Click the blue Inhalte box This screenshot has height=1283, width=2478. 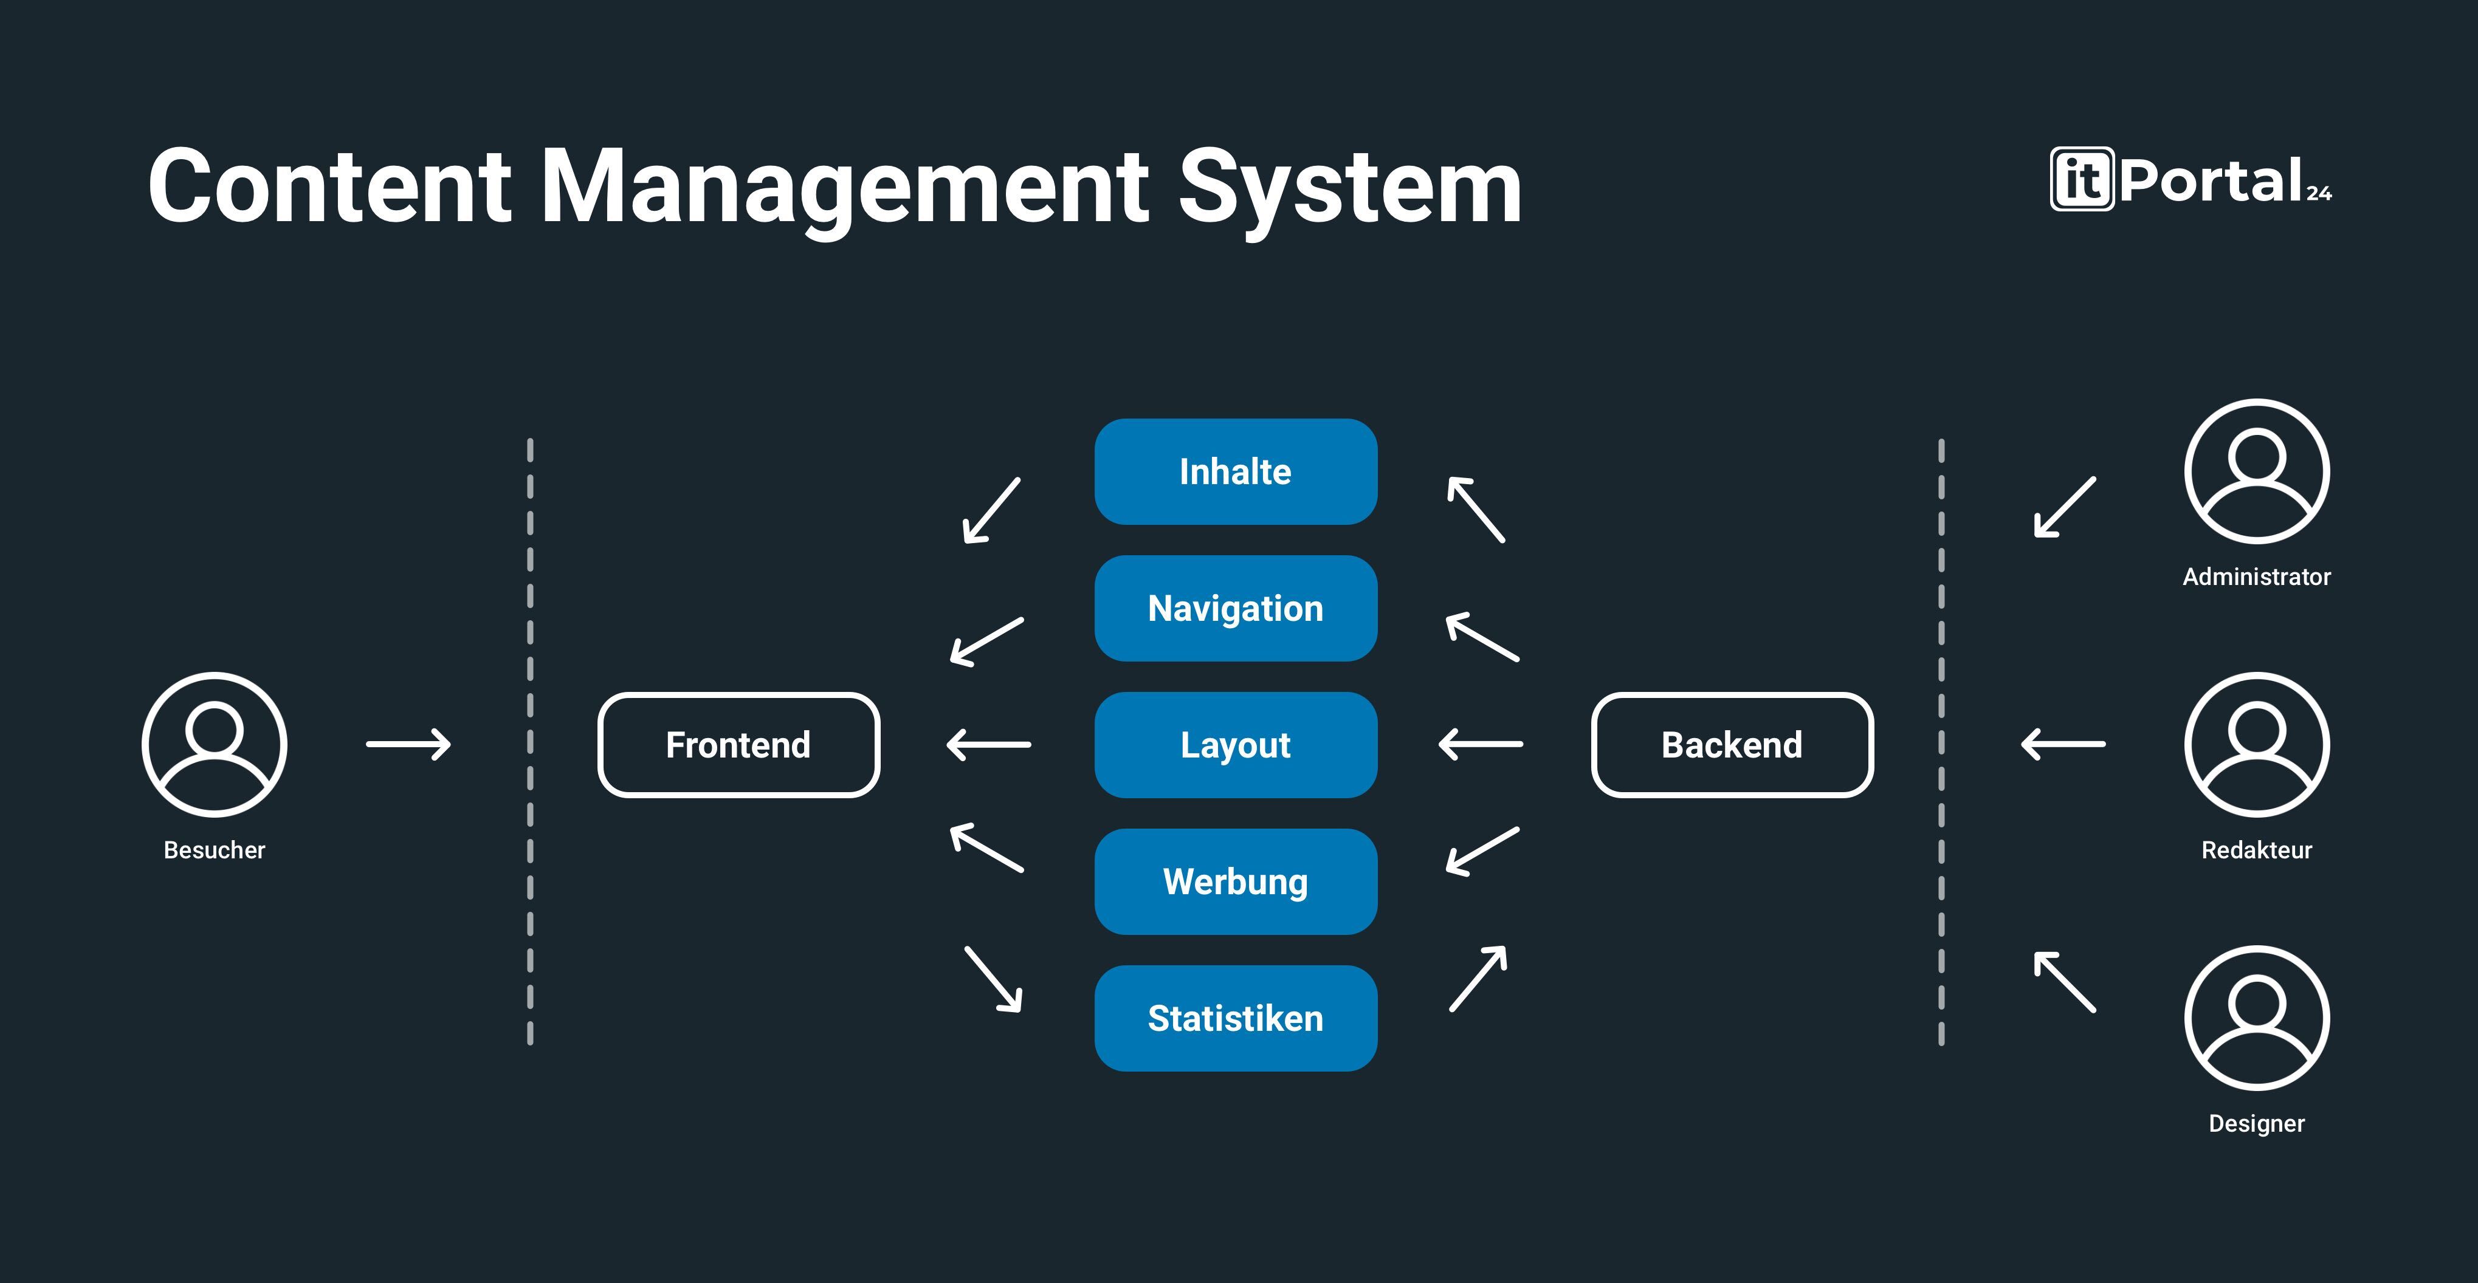(x=1235, y=471)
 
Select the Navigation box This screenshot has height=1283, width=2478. (x=1235, y=608)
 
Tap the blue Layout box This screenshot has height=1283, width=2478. (x=1235, y=744)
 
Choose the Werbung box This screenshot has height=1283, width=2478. (x=1235, y=881)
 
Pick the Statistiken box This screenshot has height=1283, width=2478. (x=1235, y=1018)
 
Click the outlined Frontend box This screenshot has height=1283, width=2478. (x=738, y=744)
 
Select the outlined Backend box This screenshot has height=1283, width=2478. (x=1732, y=744)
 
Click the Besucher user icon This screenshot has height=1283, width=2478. (x=215, y=744)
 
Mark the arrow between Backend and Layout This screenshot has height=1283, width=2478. (x=1481, y=744)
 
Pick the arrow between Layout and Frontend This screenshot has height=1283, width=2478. (x=989, y=744)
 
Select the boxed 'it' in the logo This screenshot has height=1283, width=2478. (x=2082, y=179)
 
